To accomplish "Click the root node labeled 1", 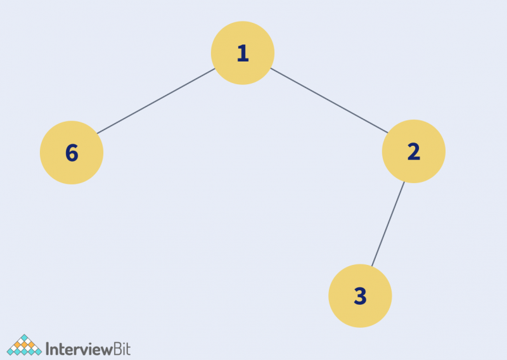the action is click(243, 53).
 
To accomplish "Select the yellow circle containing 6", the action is click(72, 153).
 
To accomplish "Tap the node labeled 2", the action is click(414, 151).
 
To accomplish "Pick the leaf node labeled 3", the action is click(360, 296).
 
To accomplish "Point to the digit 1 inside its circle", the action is click(243, 53).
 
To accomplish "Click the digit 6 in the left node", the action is click(72, 153).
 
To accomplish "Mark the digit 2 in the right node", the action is click(414, 151).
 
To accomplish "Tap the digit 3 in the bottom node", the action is click(361, 296).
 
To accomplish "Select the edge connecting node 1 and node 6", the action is click(156, 101).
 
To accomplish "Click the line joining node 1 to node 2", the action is click(329, 101).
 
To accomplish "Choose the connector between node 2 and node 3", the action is click(388, 224).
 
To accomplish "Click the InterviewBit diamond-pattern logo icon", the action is click(24, 345).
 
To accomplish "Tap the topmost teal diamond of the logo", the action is click(24, 338).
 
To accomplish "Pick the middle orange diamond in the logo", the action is click(24, 345).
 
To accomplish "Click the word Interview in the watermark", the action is click(79, 349).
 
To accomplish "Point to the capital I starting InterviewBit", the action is click(48, 349).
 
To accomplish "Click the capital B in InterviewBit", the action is click(118, 349).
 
